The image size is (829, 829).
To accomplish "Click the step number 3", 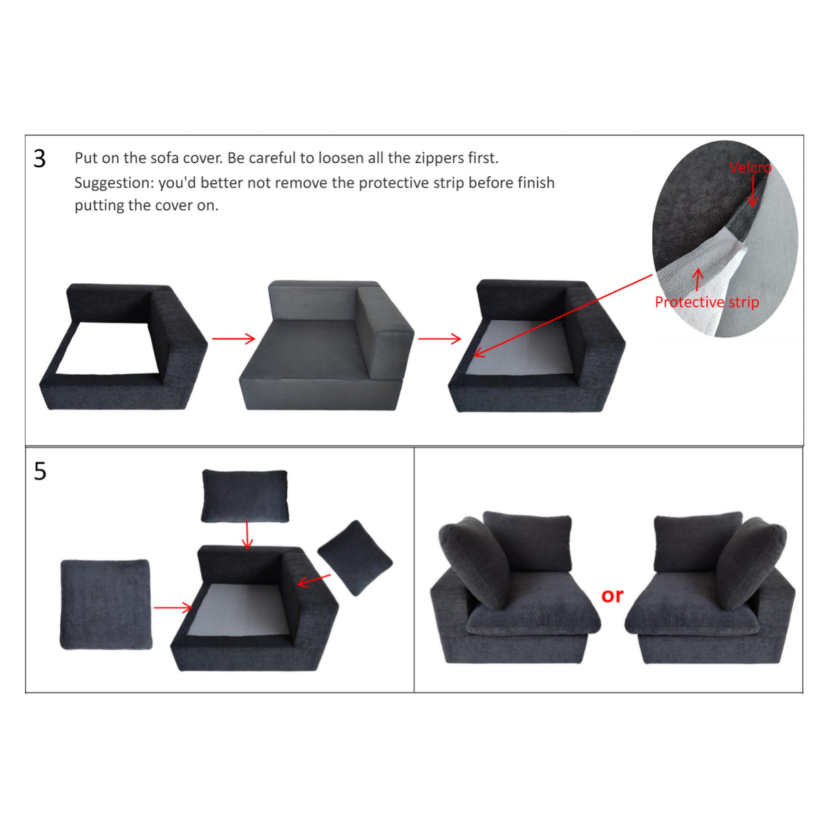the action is coord(39,159).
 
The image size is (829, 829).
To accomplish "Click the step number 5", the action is coord(40,471).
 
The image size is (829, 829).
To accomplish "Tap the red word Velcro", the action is coord(750,167).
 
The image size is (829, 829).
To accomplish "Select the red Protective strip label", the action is coord(707,302).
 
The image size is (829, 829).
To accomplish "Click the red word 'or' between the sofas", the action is coord(612,595).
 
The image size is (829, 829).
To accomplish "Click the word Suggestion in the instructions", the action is coord(114,183).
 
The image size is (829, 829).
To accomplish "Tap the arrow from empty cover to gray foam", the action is coord(234,339).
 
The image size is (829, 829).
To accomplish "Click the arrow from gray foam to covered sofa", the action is coord(439,339).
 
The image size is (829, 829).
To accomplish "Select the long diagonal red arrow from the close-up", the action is coord(563,316).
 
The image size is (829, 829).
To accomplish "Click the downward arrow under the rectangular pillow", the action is coord(247,535).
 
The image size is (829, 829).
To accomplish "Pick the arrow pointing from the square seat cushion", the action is coord(173,607).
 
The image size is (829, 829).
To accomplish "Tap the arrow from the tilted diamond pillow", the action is coord(314,581).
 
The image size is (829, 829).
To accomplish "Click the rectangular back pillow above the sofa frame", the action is coord(245,496).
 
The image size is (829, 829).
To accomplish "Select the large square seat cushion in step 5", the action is coord(106,604).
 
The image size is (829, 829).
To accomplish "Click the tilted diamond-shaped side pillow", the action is coord(355,558).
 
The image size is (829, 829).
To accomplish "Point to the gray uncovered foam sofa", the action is coord(326,345).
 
